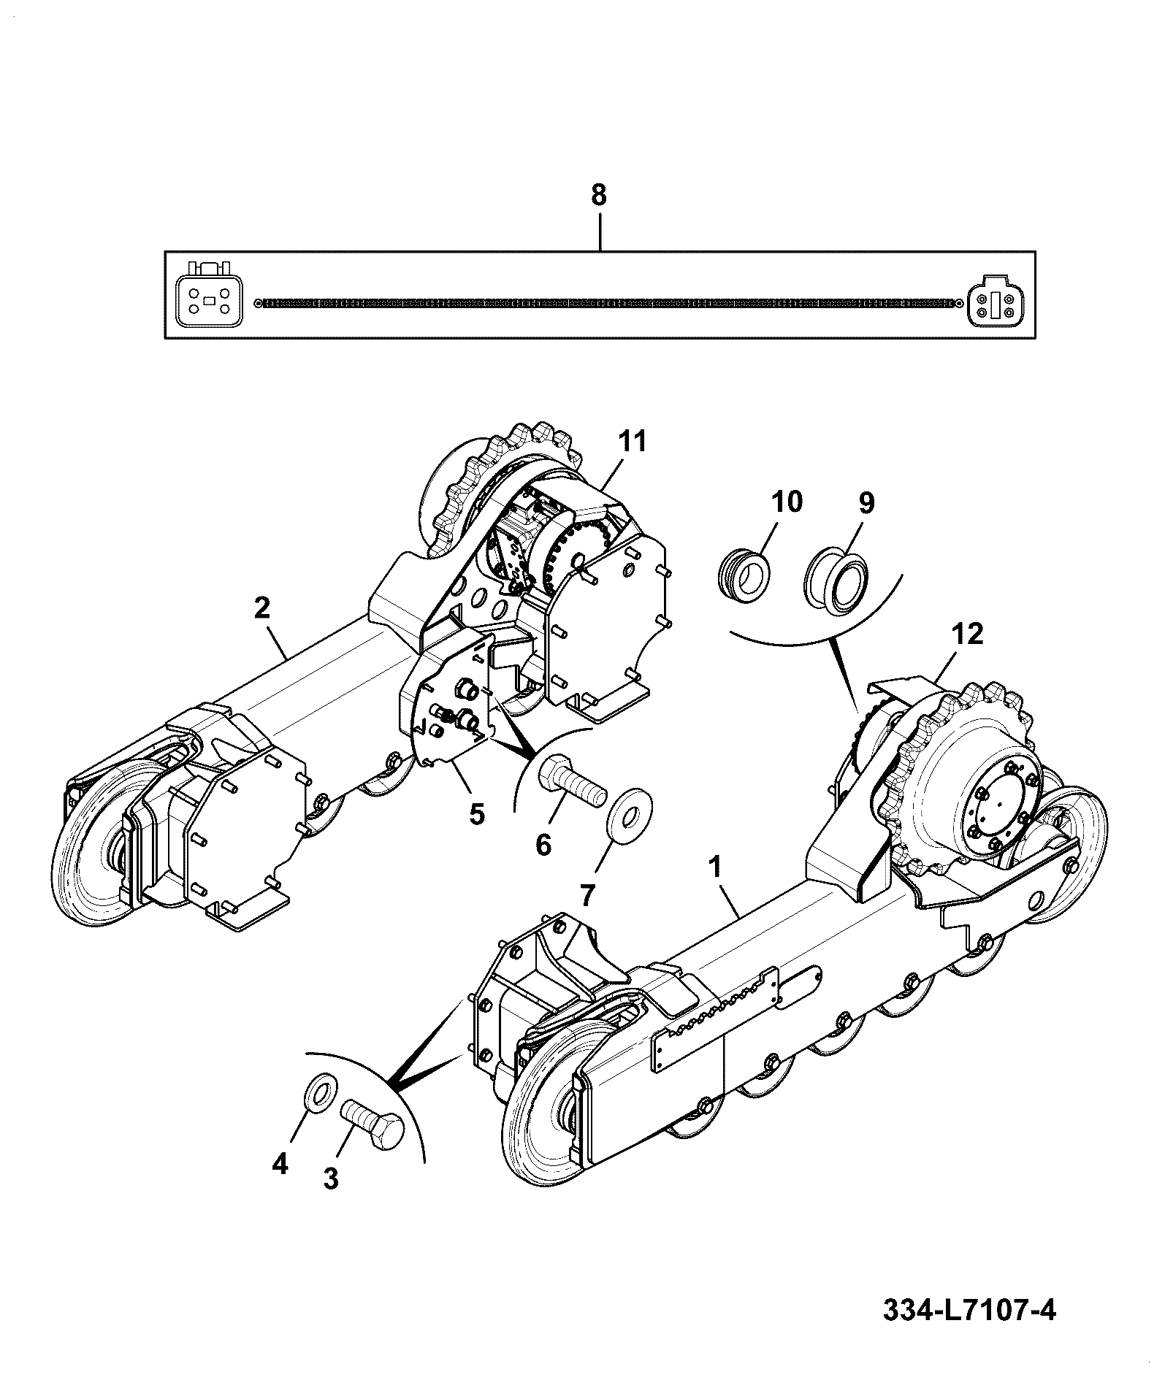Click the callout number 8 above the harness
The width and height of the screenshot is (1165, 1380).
(x=598, y=196)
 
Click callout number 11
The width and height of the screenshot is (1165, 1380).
(x=633, y=441)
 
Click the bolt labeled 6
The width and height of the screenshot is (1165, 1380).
(x=572, y=781)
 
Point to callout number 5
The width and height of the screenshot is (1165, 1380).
(x=476, y=813)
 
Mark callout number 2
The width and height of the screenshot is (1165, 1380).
(x=262, y=608)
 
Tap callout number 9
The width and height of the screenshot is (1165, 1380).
(x=866, y=503)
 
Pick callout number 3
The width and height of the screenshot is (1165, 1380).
(x=331, y=1198)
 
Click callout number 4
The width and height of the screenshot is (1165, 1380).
(x=280, y=1184)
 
